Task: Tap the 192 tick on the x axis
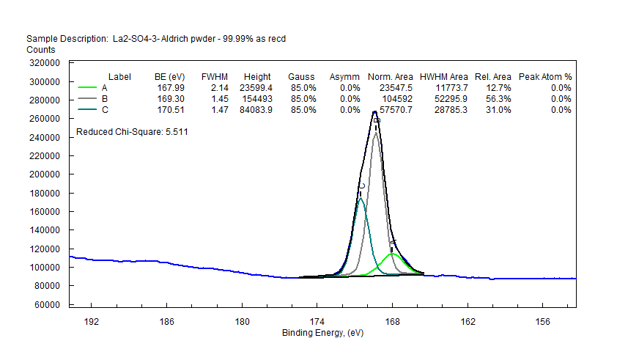[x=92, y=321]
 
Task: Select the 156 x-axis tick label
[x=543, y=321]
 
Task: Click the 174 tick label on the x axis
[x=317, y=321]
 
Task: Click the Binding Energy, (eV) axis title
[x=322, y=333]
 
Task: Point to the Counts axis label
[x=40, y=49]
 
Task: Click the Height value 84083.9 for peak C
[x=257, y=109]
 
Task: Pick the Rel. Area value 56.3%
[x=498, y=98]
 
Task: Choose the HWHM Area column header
[x=444, y=76]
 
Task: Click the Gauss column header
[x=301, y=76]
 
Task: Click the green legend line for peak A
[x=87, y=87]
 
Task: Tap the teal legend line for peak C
[x=87, y=109]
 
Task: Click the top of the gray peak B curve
[x=376, y=133]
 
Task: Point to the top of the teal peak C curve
[x=361, y=198]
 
